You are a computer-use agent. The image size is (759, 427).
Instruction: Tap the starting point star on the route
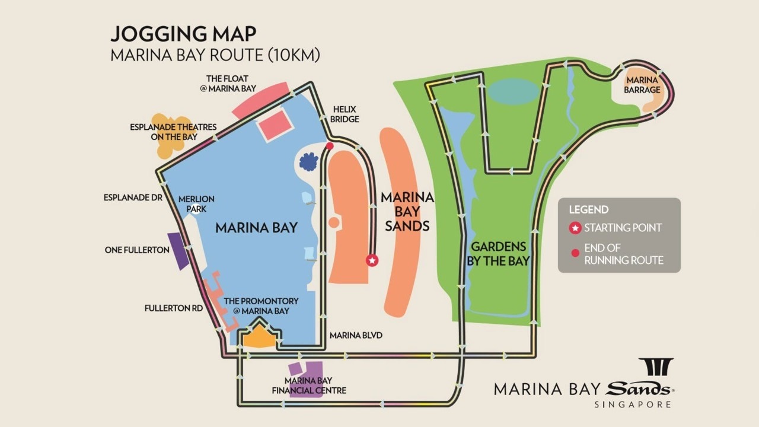click(x=372, y=260)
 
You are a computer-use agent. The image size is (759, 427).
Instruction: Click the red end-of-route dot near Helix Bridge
click(x=330, y=145)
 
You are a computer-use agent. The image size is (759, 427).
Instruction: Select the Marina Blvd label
click(x=356, y=335)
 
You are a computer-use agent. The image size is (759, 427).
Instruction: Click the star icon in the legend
click(x=575, y=228)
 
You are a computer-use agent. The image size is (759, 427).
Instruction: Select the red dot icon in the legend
click(x=575, y=254)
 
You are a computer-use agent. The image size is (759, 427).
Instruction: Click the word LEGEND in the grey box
click(x=588, y=209)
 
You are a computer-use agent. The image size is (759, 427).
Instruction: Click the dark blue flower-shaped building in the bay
click(x=308, y=161)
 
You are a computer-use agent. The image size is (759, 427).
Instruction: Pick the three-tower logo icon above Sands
click(x=655, y=367)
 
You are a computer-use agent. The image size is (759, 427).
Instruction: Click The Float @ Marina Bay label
click(x=231, y=83)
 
